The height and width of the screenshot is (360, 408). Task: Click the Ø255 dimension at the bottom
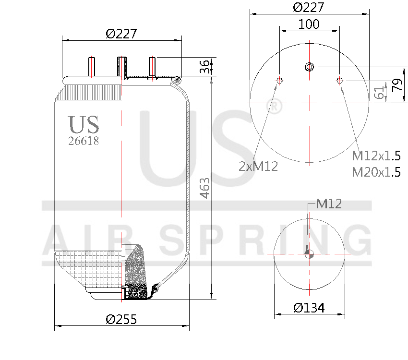(121, 319)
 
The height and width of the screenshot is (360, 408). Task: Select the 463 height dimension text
(204, 189)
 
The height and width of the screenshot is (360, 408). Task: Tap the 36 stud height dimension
(204, 67)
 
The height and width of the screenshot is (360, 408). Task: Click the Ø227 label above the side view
(121, 34)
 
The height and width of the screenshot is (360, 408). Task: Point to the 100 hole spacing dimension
(309, 24)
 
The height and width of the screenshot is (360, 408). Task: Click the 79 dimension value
(396, 85)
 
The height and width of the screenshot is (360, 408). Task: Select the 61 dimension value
(380, 92)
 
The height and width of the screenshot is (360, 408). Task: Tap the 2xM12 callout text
(258, 166)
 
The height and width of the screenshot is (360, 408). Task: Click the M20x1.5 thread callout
(376, 172)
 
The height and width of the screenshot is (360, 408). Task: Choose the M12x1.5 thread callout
(376, 156)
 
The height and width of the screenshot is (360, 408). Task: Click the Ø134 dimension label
(309, 308)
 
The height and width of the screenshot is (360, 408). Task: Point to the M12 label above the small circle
(329, 204)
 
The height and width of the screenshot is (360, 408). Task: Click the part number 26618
(84, 141)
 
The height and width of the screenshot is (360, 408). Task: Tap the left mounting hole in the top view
(279, 81)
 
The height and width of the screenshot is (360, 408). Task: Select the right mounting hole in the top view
(340, 81)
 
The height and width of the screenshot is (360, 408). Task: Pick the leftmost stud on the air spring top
(91, 66)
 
